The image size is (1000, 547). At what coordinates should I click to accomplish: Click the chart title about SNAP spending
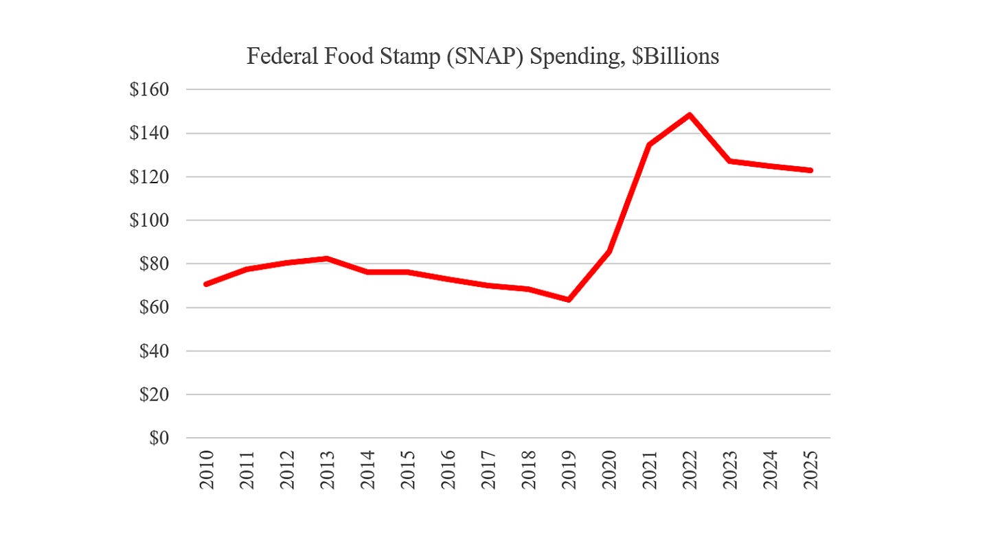point(483,56)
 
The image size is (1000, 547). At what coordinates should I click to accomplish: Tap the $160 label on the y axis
point(149,89)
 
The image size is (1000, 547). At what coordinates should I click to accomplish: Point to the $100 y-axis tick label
point(149,220)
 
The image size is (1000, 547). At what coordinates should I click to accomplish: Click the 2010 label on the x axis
point(207,470)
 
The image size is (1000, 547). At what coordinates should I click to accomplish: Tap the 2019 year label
point(569,470)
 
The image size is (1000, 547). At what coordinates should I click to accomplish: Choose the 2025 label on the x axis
point(810,470)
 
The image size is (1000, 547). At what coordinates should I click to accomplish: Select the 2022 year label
point(690,470)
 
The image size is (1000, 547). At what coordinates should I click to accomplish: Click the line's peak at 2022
point(690,115)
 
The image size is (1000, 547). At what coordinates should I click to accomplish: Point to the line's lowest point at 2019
point(569,299)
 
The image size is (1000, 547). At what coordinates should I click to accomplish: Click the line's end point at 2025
point(810,170)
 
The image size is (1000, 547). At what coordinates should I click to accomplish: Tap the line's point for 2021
point(649,145)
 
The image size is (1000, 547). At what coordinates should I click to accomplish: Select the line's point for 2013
point(327,259)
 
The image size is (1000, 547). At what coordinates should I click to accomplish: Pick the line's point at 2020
point(609,251)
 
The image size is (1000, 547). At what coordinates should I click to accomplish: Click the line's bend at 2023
point(730,161)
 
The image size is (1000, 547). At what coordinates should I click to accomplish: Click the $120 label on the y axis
point(149,176)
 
